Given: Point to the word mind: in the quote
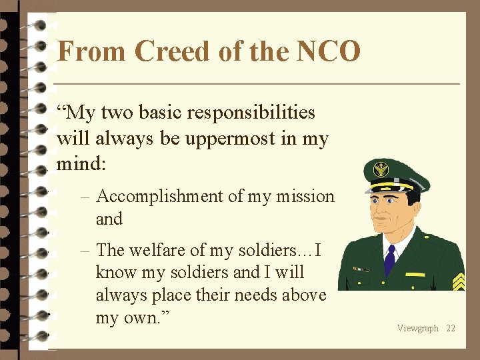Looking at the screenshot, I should pyautogui.click(x=81, y=162).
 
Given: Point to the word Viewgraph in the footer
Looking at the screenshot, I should pyautogui.click(x=417, y=328).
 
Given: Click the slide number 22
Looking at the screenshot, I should pyautogui.click(x=451, y=328).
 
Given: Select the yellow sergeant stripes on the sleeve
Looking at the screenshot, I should pyautogui.click(x=458, y=281).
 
